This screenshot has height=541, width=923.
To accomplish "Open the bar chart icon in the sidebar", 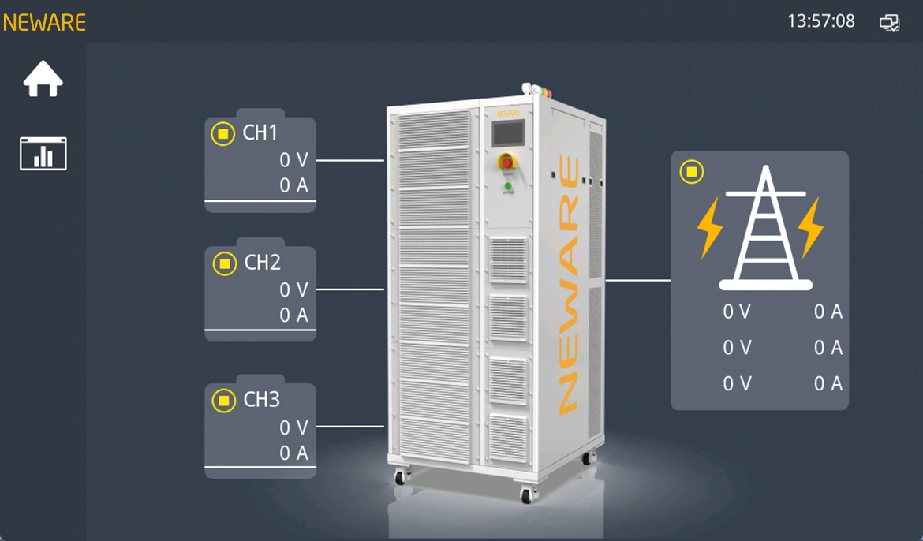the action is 43,154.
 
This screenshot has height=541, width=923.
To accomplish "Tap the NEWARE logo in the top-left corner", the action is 44,22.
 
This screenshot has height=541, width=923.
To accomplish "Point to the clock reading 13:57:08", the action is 820,21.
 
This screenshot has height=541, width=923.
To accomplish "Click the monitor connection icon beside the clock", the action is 889,22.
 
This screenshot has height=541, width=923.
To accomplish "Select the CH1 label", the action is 260,132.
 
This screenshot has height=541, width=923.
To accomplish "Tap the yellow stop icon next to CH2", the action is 224,263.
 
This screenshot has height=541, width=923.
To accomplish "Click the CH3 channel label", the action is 261,400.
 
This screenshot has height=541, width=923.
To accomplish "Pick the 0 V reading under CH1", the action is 293,159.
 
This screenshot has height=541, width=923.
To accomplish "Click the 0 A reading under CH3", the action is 293,453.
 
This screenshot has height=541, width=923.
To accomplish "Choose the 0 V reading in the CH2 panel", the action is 293,289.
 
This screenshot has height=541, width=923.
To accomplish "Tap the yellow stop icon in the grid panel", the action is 692,172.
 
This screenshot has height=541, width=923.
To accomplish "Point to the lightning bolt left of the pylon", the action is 709,227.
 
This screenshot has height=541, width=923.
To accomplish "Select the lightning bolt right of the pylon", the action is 810,227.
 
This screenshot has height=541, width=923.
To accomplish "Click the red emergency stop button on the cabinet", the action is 506,162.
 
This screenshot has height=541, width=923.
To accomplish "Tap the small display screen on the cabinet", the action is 508,133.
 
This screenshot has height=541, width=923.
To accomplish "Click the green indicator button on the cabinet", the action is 508,186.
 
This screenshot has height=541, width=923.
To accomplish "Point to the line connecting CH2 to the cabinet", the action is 350,289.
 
